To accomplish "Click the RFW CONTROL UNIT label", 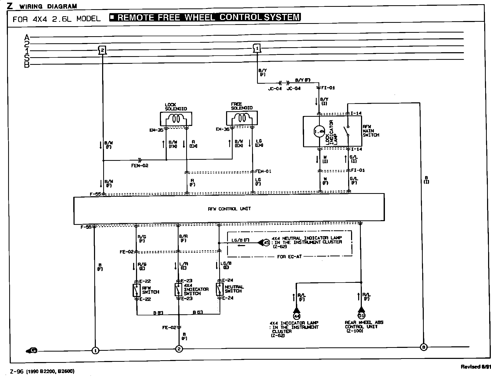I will coord(229,209).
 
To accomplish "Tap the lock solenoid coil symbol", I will coord(176,119).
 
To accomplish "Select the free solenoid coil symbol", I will coord(242,118).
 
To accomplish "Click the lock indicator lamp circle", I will coord(319,131).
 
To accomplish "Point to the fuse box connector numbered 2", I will coord(102,50).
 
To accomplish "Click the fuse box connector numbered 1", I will coord(257,48).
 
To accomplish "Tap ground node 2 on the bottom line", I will coord(179,349).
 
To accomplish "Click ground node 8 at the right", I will coord(424,347).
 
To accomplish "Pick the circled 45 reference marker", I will coord(266,243).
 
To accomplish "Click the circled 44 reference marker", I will coord(297,316).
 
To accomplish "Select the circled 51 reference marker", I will coord(361,315).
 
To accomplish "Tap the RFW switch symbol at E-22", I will coord(136,290).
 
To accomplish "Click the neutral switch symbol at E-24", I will coord(219,289).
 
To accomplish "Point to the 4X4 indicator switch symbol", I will coord(178,290).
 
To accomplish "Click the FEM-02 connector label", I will coord(140,166).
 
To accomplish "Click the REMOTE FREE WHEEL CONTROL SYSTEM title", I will coord(205,17).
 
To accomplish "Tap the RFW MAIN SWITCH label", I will coord(371,131).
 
